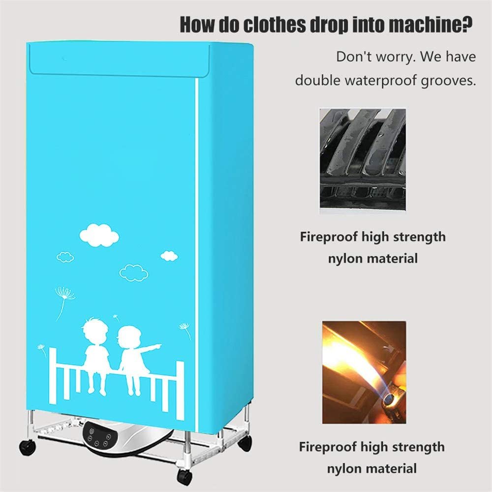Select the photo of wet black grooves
363,158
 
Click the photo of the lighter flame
364,372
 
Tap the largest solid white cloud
99,235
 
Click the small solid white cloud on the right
169,256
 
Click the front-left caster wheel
28,447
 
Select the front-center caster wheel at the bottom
184,477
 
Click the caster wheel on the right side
245,443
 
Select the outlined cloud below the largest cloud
134,273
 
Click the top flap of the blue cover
120,60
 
